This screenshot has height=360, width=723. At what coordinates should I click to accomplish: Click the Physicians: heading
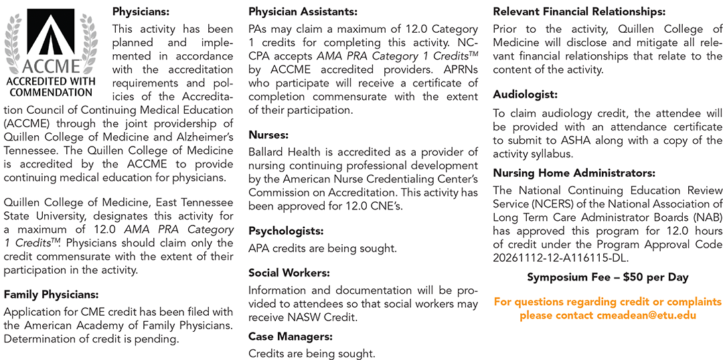[141, 11]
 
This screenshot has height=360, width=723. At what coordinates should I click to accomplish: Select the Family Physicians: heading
[51, 294]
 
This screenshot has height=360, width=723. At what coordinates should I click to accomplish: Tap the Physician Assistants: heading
[303, 11]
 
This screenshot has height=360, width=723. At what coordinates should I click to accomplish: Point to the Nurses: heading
[268, 134]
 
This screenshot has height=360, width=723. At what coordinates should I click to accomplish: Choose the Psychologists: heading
[286, 231]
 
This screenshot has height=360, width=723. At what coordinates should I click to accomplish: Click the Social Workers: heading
[289, 273]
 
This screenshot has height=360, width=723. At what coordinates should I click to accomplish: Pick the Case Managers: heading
[291, 337]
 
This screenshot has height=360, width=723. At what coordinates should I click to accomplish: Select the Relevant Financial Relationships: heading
[579, 11]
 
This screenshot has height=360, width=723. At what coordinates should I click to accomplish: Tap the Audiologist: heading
[525, 95]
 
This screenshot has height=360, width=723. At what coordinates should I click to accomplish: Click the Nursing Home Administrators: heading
[574, 173]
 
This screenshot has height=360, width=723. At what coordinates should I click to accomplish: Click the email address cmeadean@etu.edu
[646, 315]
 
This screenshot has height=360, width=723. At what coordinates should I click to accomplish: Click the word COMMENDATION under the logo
[51, 92]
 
